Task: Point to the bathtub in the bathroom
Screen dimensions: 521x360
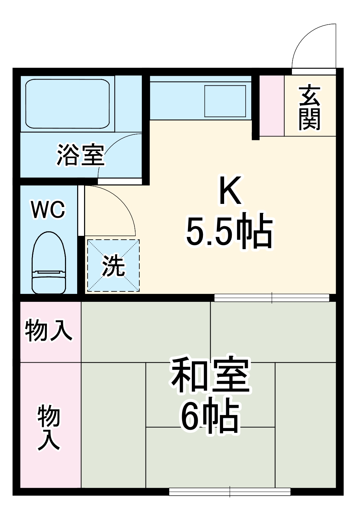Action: (x=68, y=104)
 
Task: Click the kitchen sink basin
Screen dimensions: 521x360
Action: (x=226, y=101)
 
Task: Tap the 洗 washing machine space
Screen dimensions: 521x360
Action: (x=113, y=266)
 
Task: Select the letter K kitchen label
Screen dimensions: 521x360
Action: (x=230, y=191)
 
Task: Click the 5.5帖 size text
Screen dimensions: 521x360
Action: (x=229, y=231)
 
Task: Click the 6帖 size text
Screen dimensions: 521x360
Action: (x=210, y=417)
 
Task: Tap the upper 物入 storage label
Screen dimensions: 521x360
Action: (x=49, y=330)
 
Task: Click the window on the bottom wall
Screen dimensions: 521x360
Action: (x=230, y=491)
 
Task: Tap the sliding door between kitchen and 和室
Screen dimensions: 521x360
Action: (x=271, y=298)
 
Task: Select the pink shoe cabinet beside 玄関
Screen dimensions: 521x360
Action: (x=272, y=106)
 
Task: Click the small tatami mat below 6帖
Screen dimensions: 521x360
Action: (x=210, y=457)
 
